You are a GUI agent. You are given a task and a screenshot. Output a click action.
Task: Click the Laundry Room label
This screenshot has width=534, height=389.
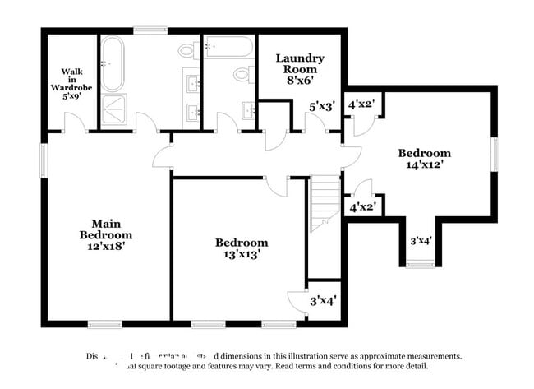(300, 64)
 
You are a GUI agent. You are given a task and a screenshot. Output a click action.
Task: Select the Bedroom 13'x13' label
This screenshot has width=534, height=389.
(242, 248)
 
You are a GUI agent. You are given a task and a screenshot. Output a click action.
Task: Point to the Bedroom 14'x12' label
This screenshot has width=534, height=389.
(425, 159)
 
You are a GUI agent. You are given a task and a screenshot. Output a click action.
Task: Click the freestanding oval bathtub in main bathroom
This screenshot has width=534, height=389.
(113, 63)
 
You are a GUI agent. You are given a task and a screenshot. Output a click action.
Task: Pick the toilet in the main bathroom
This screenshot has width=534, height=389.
(188, 52)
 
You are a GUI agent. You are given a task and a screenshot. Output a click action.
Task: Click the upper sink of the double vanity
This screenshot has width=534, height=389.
(194, 82)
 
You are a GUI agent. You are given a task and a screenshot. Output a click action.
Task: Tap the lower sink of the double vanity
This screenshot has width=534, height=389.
(194, 112)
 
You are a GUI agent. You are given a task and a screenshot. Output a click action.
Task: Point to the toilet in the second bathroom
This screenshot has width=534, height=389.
(242, 76)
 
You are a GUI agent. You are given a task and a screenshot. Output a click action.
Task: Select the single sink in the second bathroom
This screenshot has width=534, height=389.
(248, 110)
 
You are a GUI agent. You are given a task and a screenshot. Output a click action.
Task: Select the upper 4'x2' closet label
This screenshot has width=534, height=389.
(362, 105)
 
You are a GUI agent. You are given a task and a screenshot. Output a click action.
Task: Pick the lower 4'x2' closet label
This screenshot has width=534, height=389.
(362, 207)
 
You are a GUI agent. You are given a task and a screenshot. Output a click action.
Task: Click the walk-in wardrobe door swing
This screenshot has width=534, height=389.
(73, 123)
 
